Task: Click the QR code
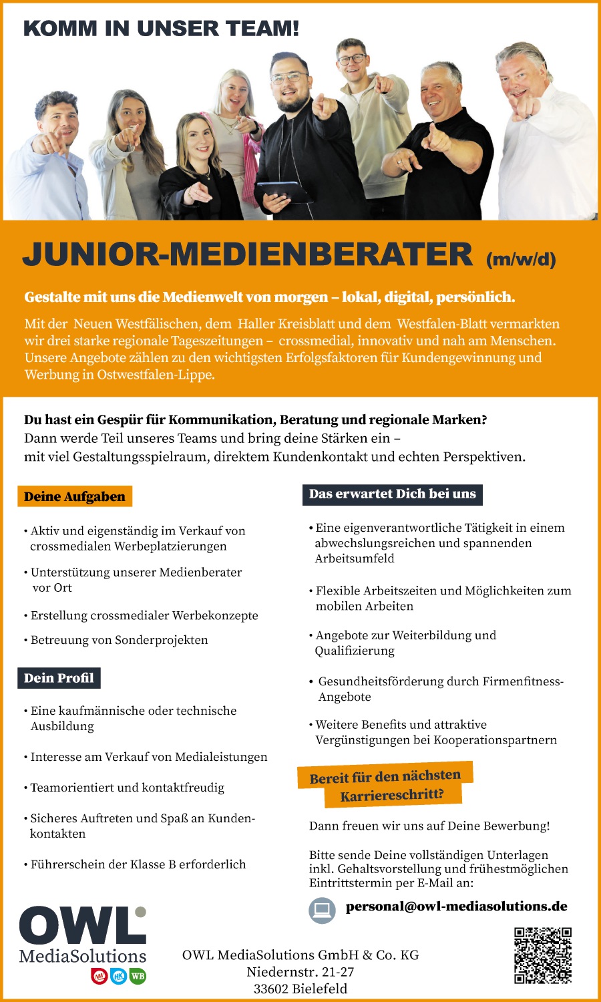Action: [543, 955]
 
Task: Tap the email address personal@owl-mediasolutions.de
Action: [457, 906]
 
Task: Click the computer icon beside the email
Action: [323, 910]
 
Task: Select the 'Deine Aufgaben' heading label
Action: [75, 496]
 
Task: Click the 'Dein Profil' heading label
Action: [59, 678]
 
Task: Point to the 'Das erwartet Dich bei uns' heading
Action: [393, 494]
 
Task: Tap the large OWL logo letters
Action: [81, 927]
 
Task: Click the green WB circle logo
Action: [138, 976]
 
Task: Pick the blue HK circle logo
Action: [119, 976]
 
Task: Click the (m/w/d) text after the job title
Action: [521, 259]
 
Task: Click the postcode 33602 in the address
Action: [273, 989]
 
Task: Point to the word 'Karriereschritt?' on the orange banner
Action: [392, 795]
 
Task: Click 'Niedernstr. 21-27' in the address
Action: [300, 972]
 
